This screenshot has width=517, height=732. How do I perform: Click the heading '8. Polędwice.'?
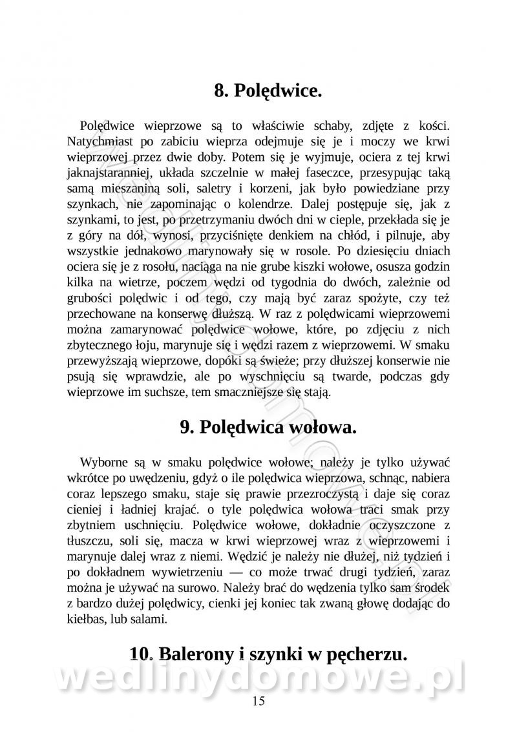point(268,90)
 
